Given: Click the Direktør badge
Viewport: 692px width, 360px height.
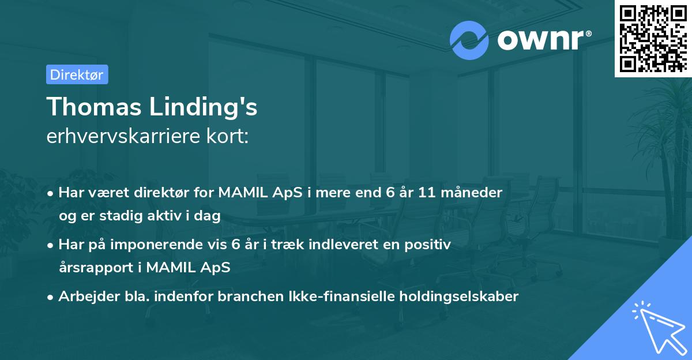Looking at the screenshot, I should (77, 74).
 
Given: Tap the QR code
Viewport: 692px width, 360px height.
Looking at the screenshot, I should (653, 39).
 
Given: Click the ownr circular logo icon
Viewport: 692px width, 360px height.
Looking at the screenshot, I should (469, 40).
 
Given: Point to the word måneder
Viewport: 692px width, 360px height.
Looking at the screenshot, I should (478, 192).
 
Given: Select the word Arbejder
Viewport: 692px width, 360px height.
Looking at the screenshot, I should (84, 297).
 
